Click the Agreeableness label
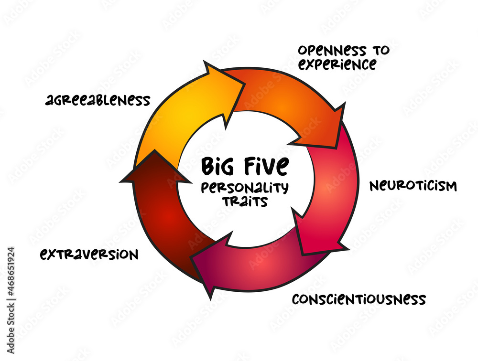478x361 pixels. pyautogui.click(x=98, y=100)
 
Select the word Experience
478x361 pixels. pyautogui.click(x=337, y=64)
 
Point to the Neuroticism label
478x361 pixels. pyautogui.click(x=413, y=186)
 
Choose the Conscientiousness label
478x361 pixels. pyautogui.click(x=358, y=299)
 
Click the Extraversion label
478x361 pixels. pyautogui.click(x=89, y=254)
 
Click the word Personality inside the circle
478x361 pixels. pyautogui.click(x=245, y=188)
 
